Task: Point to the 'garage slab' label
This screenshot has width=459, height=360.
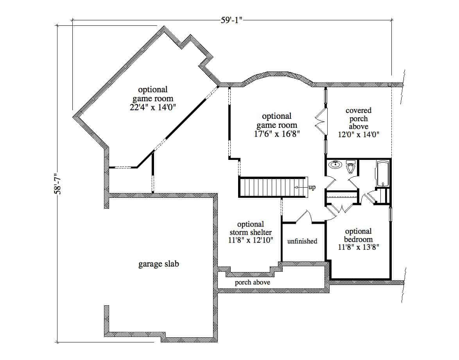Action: (159, 264)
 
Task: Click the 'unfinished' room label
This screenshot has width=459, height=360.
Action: (302, 241)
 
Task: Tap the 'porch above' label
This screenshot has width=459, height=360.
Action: (252, 282)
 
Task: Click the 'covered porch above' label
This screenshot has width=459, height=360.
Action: (359, 119)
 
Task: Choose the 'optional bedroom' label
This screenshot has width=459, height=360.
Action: (358, 235)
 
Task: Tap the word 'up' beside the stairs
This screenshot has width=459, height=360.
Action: (312, 187)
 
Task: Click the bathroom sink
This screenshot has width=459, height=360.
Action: (335, 165)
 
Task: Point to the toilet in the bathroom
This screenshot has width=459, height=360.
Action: (351, 167)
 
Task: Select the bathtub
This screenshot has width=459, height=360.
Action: (382, 173)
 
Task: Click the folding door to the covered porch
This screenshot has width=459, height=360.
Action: (320, 121)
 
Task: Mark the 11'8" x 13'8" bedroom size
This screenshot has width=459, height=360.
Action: (359, 247)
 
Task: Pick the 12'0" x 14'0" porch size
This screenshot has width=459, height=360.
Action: (359, 134)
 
